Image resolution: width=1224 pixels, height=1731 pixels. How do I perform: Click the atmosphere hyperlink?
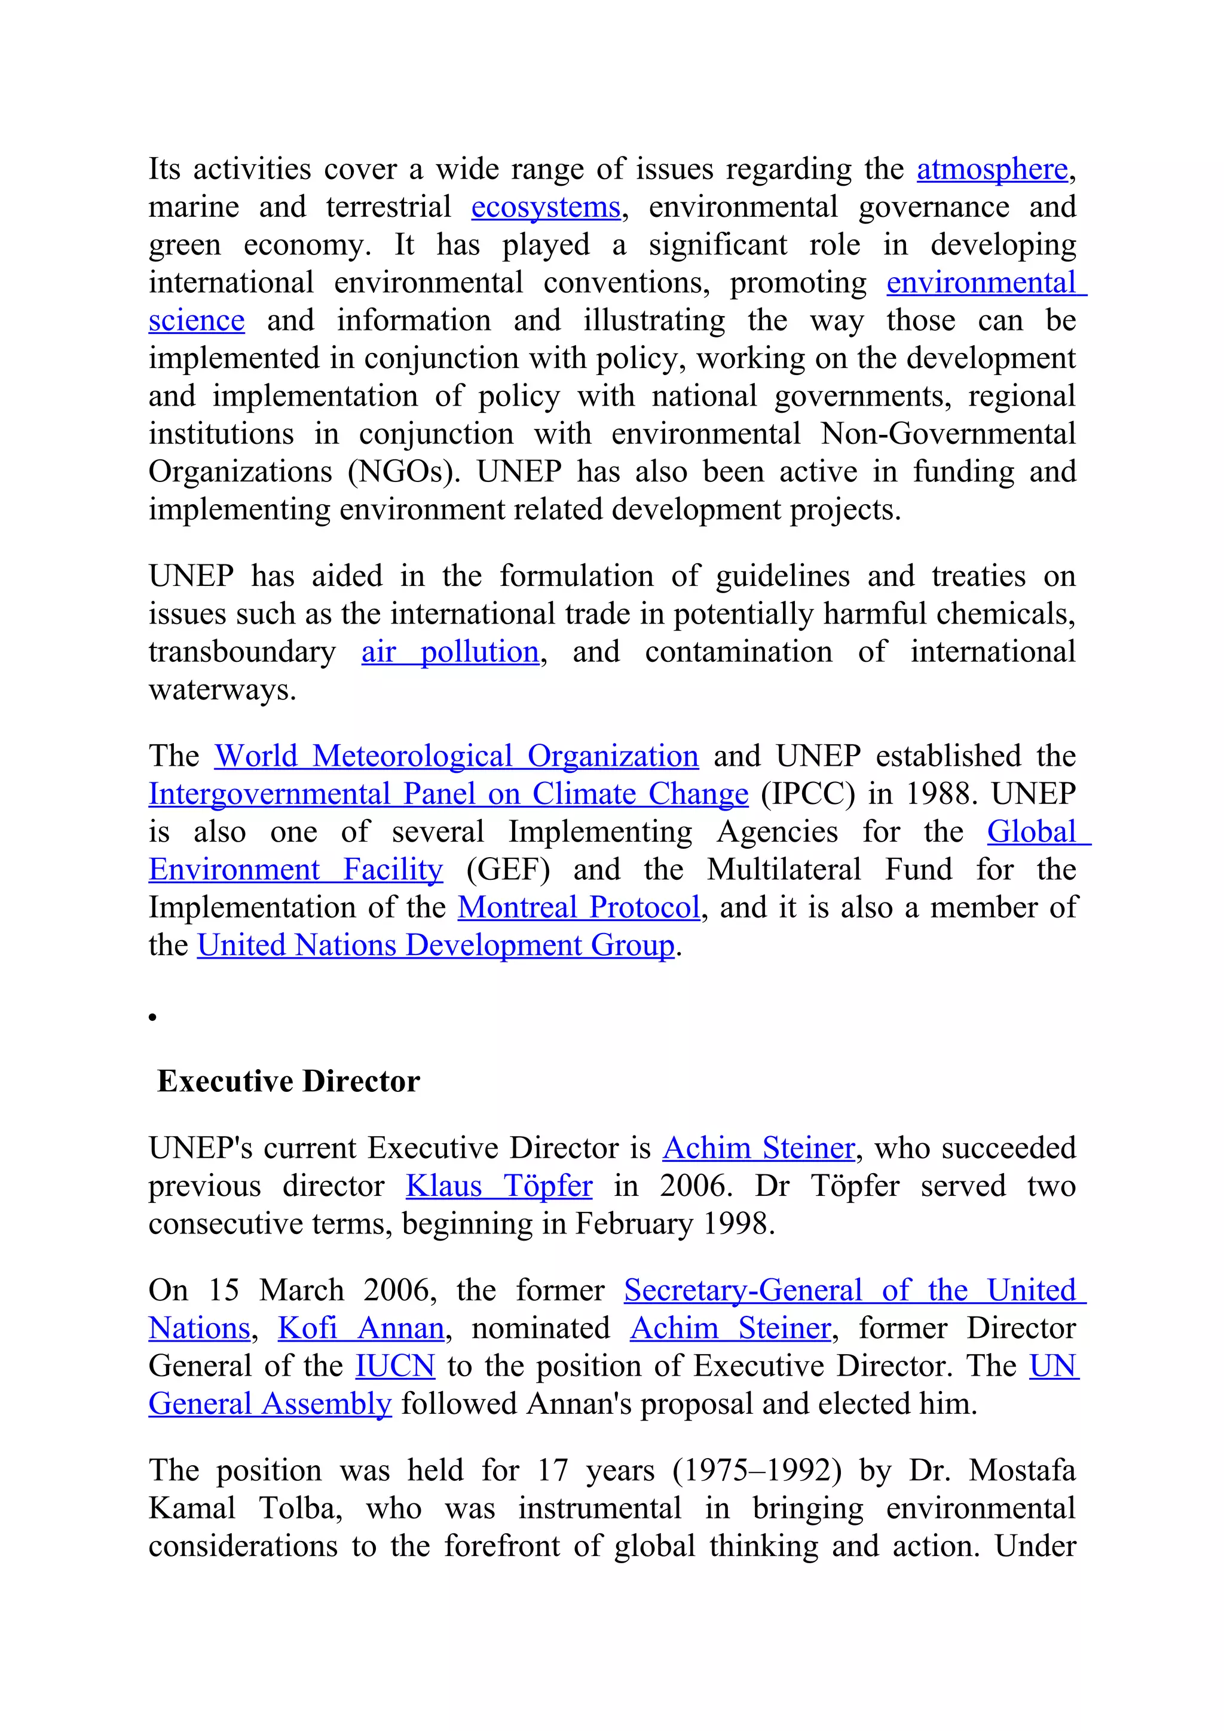coord(992,170)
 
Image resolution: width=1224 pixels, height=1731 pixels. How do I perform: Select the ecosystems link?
coord(545,207)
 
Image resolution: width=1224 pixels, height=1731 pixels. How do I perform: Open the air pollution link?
coord(450,652)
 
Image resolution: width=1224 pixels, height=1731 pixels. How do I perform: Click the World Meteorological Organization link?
coord(456,756)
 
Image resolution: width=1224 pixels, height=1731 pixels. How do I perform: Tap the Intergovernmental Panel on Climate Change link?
coord(448,794)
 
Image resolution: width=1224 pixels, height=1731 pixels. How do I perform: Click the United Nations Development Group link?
coord(435,946)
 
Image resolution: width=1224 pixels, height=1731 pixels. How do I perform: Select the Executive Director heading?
coord(288,1081)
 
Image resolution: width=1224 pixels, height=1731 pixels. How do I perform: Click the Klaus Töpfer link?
coord(498,1186)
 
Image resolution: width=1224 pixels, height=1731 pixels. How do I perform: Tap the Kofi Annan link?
coord(361,1328)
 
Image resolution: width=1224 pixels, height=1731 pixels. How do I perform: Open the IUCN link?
coord(395,1366)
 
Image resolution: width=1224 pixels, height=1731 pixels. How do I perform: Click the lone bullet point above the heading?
coord(152,1017)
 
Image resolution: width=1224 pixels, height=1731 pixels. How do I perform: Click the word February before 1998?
coord(634,1224)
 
